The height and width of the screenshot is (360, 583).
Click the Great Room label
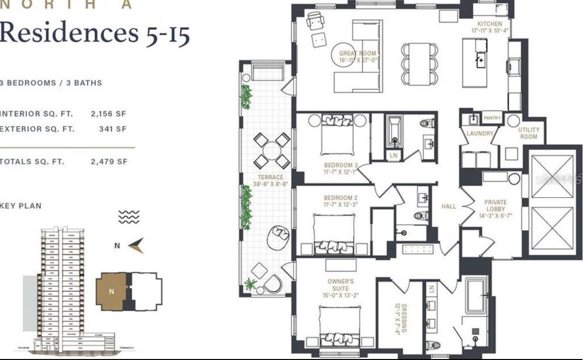357,53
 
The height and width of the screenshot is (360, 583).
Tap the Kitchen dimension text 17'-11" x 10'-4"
490,31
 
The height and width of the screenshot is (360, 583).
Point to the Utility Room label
528,133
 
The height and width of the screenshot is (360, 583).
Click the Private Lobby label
495,206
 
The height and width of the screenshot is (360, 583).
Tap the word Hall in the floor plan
448,206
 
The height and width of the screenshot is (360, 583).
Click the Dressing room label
403,319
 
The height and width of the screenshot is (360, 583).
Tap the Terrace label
270,177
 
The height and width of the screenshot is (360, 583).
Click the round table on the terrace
272,150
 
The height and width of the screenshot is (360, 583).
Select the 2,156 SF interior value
108,114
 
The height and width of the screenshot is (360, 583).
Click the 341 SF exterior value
113,129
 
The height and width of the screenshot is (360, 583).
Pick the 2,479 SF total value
109,162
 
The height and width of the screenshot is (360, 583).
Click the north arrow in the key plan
136,245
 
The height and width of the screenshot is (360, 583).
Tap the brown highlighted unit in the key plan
110,292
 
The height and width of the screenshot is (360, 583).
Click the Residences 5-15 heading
94,32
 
